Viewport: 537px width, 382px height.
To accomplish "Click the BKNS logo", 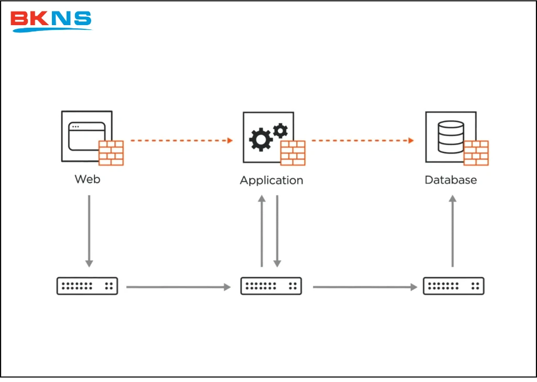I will (51, 20).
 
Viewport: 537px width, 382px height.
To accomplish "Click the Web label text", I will (87, 179).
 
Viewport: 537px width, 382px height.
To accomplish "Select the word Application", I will (271, 180).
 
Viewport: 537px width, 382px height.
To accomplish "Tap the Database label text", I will (450, 180).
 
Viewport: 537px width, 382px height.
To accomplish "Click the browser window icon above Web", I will (84, 135).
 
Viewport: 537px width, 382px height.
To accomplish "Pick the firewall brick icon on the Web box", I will (111, 153).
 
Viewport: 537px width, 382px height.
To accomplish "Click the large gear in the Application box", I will (260, 139).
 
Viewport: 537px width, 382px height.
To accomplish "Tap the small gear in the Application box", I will (281, 129).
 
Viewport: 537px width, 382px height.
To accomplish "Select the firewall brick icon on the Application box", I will (293, 153).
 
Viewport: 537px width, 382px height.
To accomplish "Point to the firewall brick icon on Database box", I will (476, 153).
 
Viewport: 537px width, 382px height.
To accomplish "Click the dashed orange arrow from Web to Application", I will (181, 140).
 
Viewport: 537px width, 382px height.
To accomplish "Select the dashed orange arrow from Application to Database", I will (362, 140).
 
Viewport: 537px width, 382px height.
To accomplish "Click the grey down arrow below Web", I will (89, 231).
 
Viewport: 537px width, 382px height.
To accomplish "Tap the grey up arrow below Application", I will (262, 231).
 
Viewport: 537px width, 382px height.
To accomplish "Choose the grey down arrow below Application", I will (277, 231).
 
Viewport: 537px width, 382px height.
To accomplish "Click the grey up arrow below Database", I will (453, 231).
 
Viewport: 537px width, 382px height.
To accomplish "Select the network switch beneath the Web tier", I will (87, 286).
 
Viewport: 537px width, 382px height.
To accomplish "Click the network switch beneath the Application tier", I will (271, 286).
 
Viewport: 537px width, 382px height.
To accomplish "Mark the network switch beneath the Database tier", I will (454, 286).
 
